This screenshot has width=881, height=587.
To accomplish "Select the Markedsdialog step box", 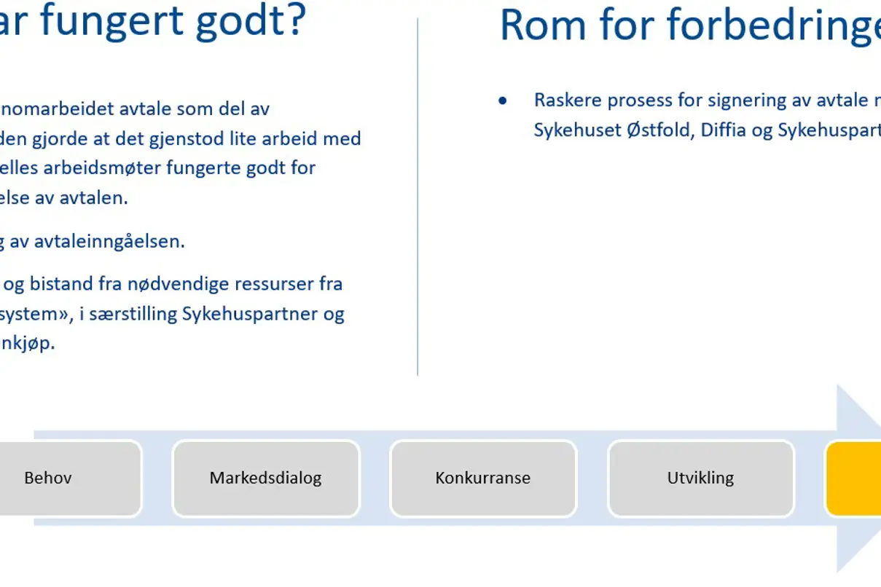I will [x=265, y=478].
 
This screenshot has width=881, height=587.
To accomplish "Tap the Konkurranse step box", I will [x=483, y=478].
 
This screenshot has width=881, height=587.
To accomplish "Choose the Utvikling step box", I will [x=700, y=478].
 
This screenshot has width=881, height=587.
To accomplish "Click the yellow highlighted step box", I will [x=853, y=478].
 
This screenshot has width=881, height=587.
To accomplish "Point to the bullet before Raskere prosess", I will [x=502, y=101].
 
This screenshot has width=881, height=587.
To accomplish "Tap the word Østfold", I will [x=660, y=130].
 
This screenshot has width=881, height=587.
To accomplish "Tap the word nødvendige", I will [x=197, y=283].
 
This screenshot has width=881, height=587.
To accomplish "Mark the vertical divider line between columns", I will [x=418, y=197].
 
